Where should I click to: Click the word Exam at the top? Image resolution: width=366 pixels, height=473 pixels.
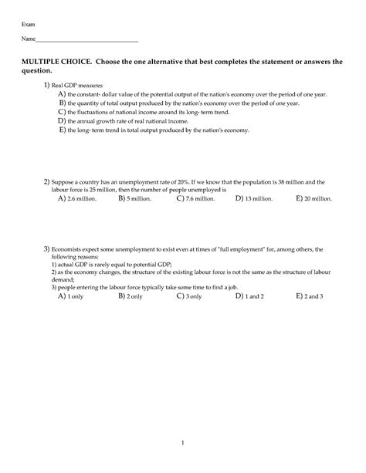click(x=28, y=25)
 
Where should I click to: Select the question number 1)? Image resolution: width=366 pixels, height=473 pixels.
click(x=46, y=85)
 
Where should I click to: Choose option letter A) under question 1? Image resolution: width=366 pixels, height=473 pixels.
click(x=62, y=93)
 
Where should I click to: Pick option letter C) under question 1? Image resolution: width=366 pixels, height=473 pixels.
click(x=62, y=112)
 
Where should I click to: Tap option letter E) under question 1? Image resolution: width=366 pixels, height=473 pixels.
click(x=62, y=130)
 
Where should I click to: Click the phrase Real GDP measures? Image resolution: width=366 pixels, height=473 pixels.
click(x=77, y=85)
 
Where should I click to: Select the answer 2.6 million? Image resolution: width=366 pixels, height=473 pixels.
click(x=81, y=198)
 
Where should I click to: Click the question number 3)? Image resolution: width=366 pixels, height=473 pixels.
click(x=46, y=250)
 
